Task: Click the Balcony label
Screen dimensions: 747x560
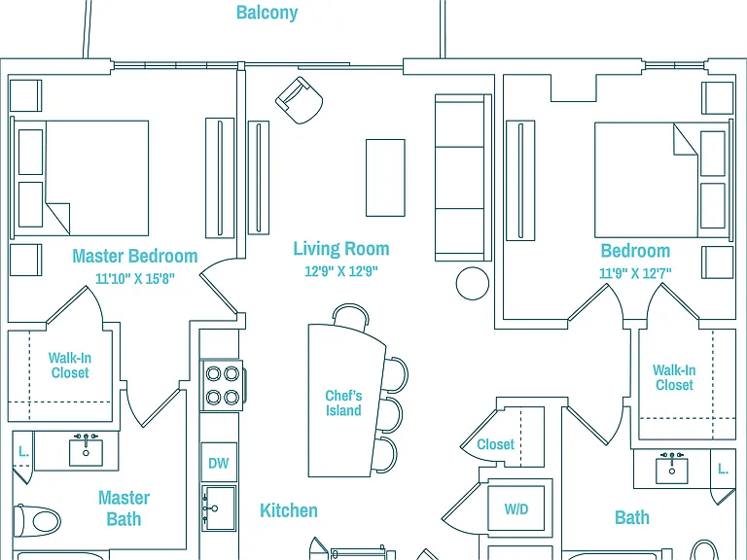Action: tap(267, 13)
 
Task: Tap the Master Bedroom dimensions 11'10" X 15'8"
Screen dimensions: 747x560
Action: tap(135, 278)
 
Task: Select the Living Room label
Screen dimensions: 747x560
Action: tap(341, 249)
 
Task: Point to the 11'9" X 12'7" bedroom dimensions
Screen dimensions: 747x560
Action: tap(635, 273)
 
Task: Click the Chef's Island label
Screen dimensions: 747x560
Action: tap(343, 402)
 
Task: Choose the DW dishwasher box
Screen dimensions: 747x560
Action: tap(219, 463)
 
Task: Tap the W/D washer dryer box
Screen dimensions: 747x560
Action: tap(516, 508)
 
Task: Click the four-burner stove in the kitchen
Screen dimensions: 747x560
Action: tap(222, 385)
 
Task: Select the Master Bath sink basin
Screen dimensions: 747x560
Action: tap(86, 452)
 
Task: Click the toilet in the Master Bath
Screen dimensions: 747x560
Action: tap(37, 520)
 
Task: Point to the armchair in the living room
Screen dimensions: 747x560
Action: tap(300, 100)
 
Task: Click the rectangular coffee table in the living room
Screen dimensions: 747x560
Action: tap(385, 178)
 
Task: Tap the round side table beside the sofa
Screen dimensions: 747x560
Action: tap(472, 283)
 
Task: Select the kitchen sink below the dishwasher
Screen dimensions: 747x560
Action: tap(219, 508)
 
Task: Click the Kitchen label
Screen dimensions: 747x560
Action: tap(289, 510)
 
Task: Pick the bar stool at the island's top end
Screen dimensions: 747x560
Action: tap(350, 313)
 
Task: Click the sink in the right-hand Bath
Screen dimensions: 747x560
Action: tap(672, 471)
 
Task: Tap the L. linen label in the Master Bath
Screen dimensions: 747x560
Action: tap(23, 451)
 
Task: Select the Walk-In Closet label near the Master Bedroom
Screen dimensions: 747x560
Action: tap(70, 366)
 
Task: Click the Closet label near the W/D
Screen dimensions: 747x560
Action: tap(495, 444)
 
